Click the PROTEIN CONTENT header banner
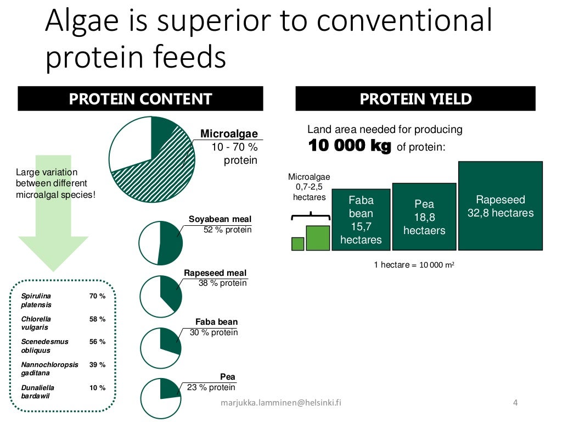[140, 99]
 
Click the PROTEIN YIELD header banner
[415, 99]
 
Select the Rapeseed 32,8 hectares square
[500, 206]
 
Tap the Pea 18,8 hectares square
[424, 216]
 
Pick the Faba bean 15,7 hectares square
[361, 220]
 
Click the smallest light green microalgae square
[297, 243]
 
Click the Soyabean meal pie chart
[160, 242]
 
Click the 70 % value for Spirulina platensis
[97, 296]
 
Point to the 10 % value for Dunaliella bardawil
[97, 387]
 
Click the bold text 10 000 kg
[350, 146]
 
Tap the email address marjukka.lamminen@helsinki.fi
[280, 402]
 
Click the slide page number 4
[515, 402]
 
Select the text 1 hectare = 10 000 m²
[414, 265]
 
